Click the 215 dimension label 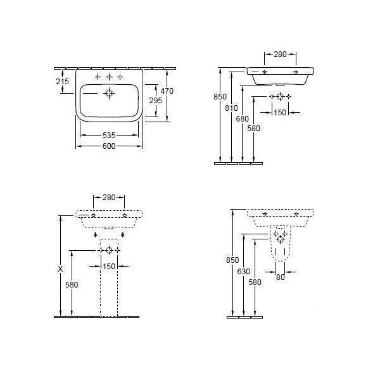(x=62, y=81)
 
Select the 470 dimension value (x=167, y=91)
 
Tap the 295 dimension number (x=156, y=100)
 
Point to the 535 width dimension (x=109, y=136)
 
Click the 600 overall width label (x=109, y=146)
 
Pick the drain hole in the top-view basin (x=110, y=93)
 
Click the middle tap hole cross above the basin (x=110, y=77)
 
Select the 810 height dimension (x=231, y=108)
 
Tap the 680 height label (x=243, y=119)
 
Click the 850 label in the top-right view (x=220, y=96)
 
